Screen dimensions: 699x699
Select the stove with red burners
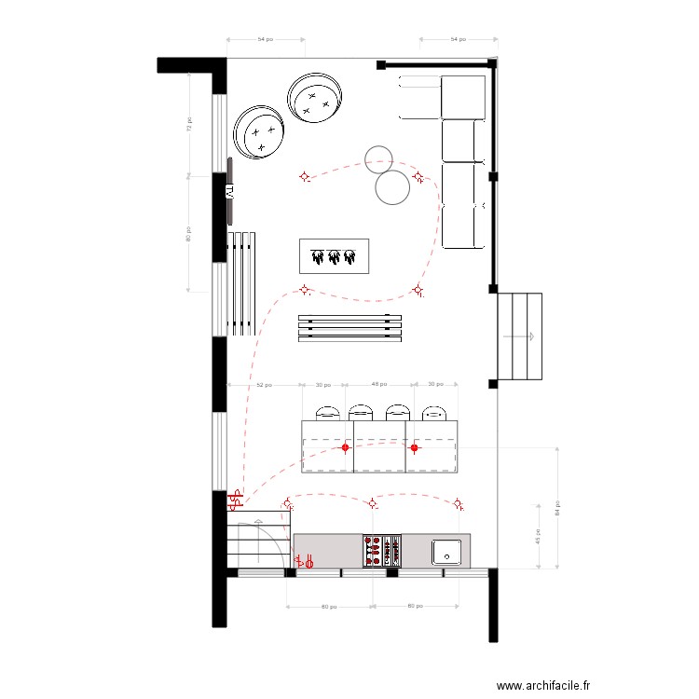381,550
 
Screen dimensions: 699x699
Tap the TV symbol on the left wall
227,190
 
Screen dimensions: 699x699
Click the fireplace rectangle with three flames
335,256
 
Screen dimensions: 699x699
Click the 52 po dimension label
264,384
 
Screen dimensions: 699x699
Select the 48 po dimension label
379,384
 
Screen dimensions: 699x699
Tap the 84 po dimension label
557,509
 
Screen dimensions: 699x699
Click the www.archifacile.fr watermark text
543,685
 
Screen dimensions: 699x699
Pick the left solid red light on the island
345,447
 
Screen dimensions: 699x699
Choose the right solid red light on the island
415,447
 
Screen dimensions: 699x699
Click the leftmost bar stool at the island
328,412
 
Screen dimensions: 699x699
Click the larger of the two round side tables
392,187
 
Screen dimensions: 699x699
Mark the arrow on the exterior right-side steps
529,336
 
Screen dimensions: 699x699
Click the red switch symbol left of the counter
304,561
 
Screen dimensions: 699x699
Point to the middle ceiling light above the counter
373,503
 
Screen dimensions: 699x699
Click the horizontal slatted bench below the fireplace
349,328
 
